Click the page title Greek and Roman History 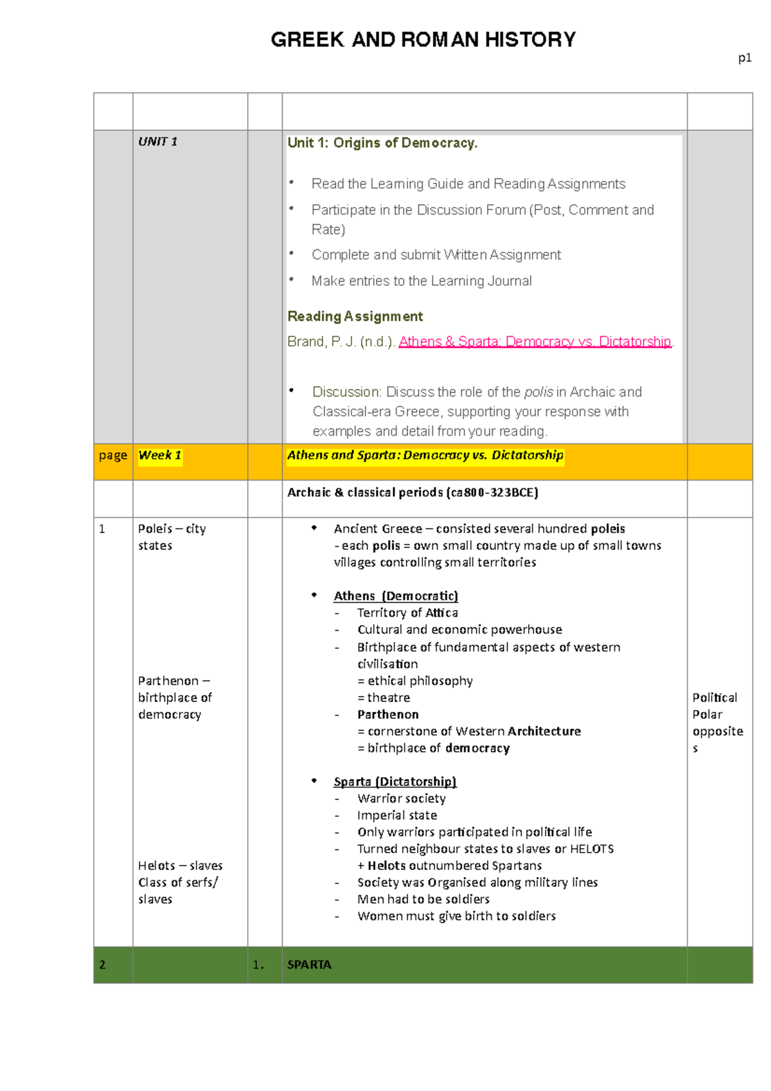423,40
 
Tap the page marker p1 744,58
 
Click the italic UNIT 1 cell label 157,141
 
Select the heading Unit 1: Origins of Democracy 382,143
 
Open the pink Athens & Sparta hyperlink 535,341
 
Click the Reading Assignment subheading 355,316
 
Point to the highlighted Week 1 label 160,456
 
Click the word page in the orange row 113,456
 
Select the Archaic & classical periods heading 412,492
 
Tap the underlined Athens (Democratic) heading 396,596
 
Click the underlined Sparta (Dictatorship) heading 394,781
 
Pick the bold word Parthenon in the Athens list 388,714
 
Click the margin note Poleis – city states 172,537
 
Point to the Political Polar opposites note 717,722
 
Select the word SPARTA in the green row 309,964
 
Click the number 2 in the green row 102,964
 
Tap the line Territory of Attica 407,613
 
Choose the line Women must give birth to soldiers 456,916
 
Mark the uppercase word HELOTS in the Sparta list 592,849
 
